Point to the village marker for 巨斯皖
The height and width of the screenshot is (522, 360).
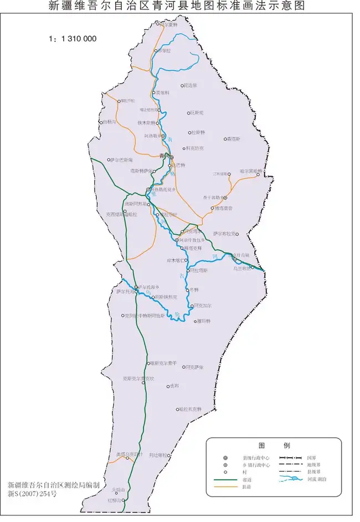coord(188,113)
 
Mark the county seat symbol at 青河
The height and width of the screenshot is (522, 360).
coord(172,157)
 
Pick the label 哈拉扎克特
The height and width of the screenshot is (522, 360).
coord(190,409)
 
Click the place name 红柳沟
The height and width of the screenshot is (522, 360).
coord(115,500)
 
